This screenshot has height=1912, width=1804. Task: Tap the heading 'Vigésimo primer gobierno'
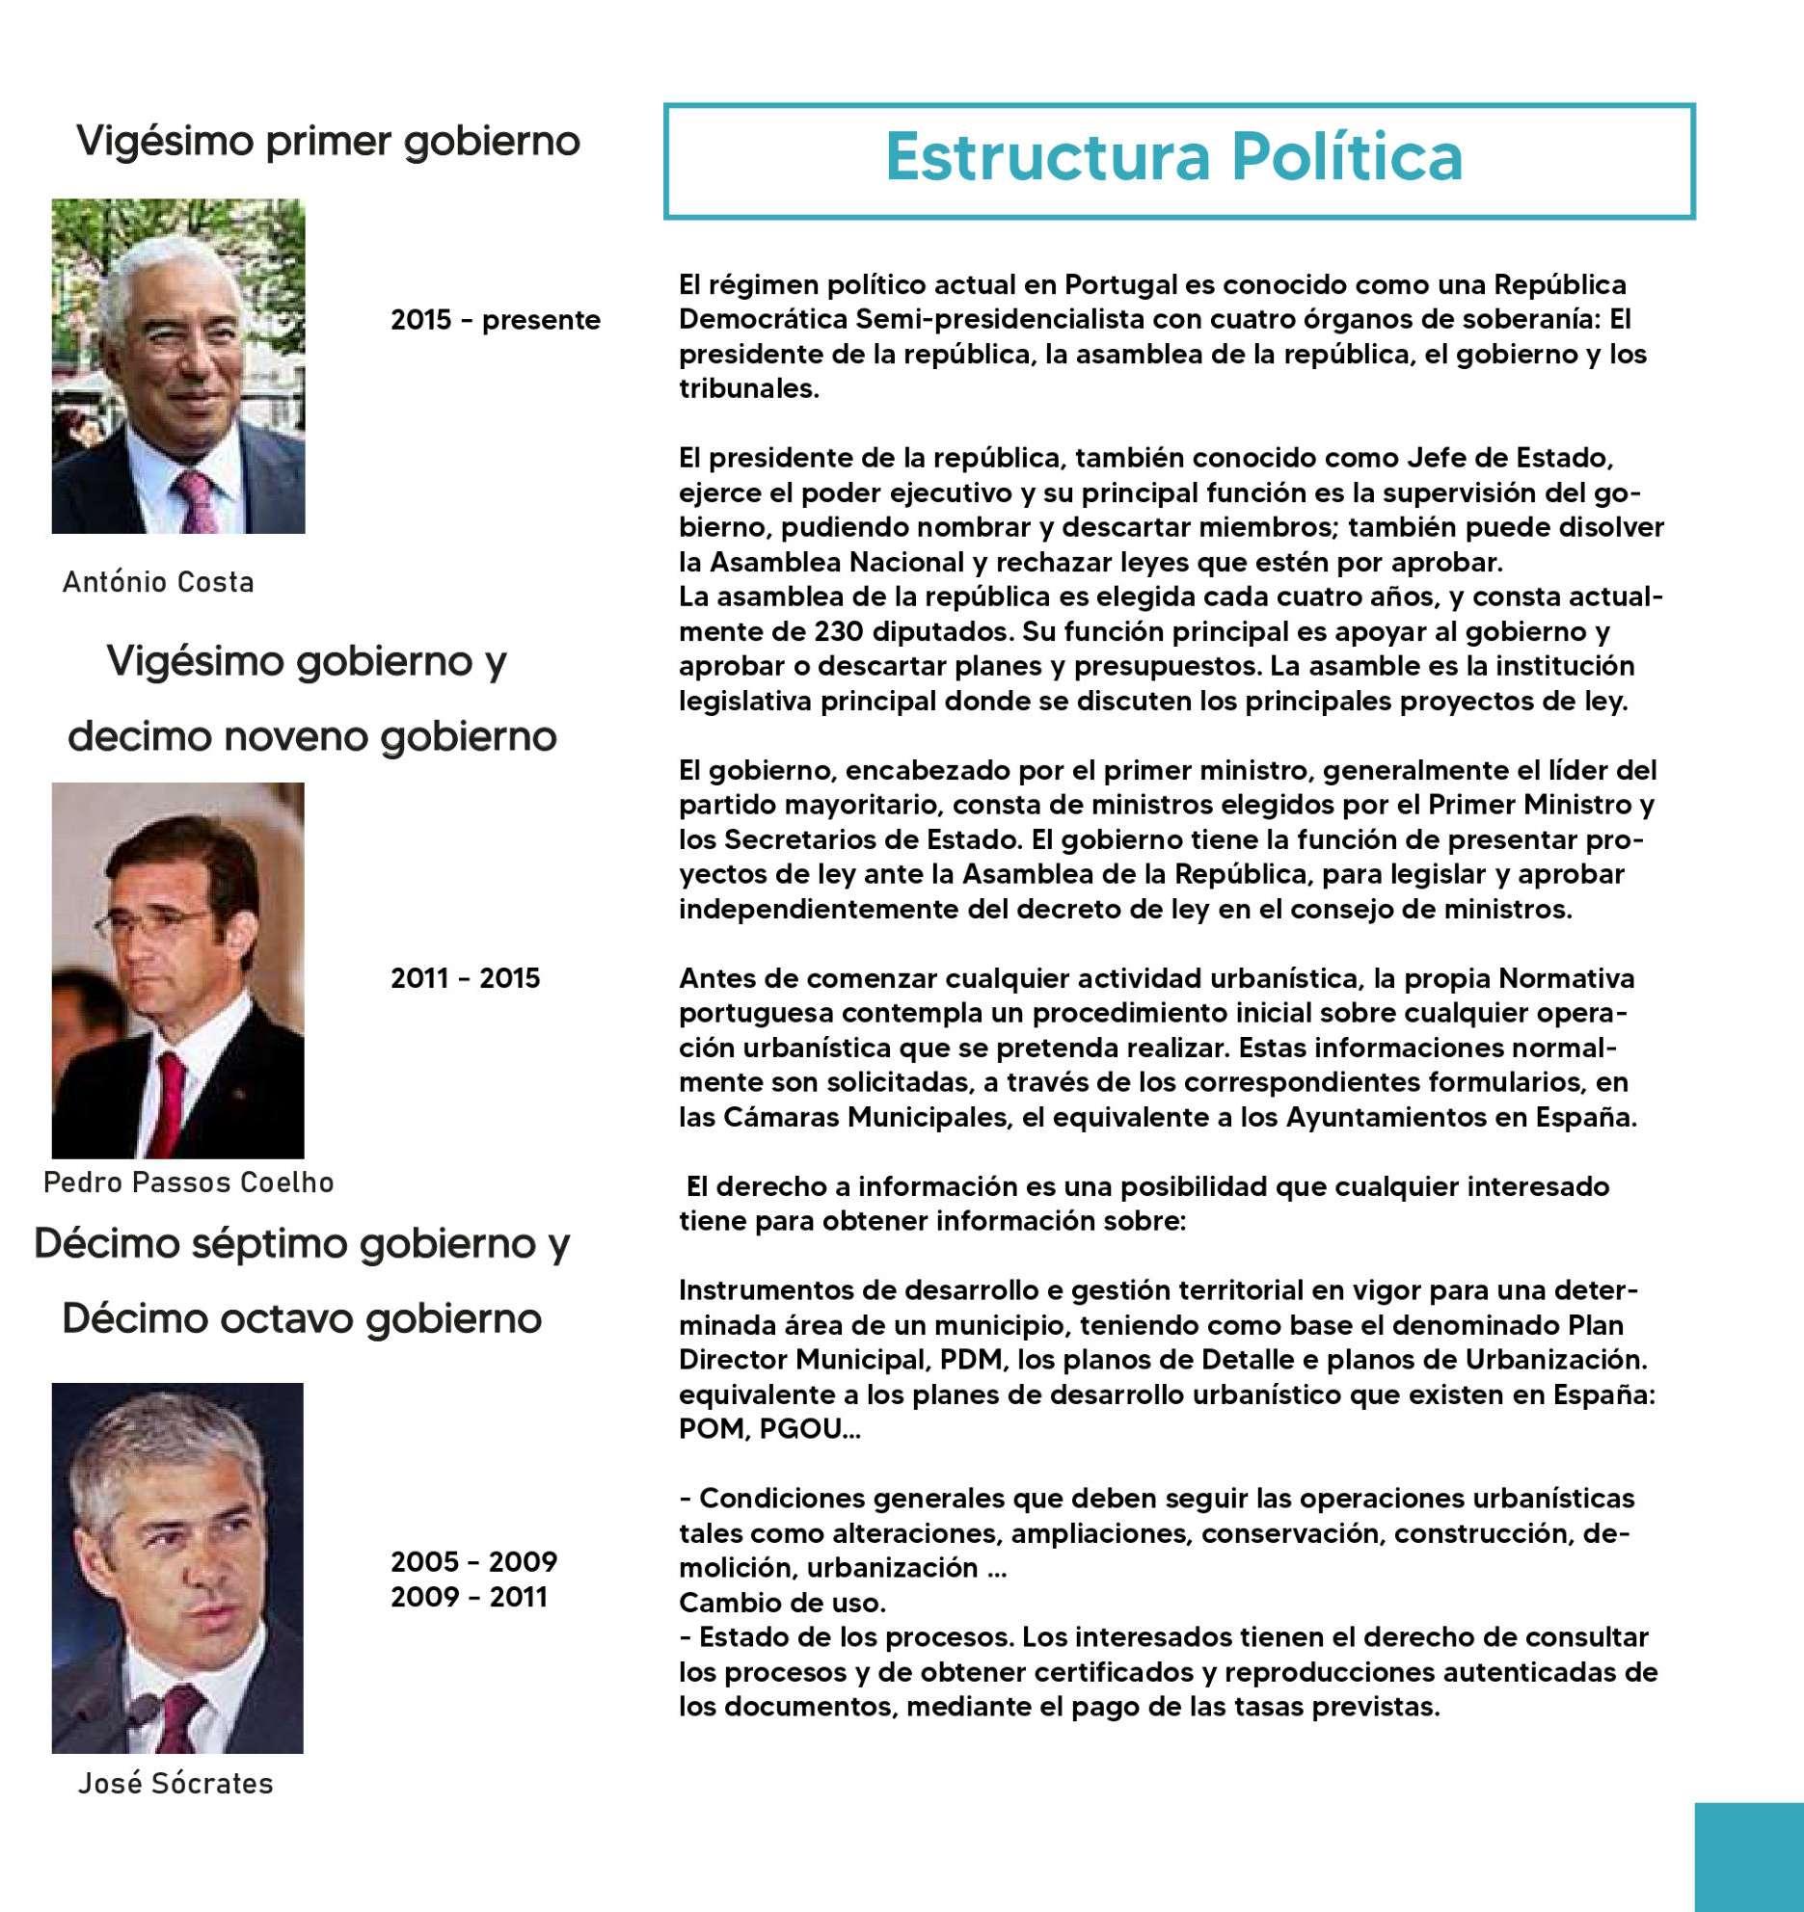tap(328, 142)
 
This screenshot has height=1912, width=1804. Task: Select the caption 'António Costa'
tap(158, 582)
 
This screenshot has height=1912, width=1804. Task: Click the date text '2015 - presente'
tap(495, 320)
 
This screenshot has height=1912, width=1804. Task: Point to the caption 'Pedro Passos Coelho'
tap(189, 1182)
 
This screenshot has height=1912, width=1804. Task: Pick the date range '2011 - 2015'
tap(465, 978)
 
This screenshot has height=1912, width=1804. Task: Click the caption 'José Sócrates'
tap(175, 1784)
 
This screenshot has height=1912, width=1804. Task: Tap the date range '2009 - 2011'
tap(469, 1597)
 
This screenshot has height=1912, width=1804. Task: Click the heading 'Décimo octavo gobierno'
tap(302, 1318)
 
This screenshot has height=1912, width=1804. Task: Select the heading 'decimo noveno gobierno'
tap(312, 737)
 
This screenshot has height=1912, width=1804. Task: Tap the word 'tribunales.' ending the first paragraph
tap(748, 388)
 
